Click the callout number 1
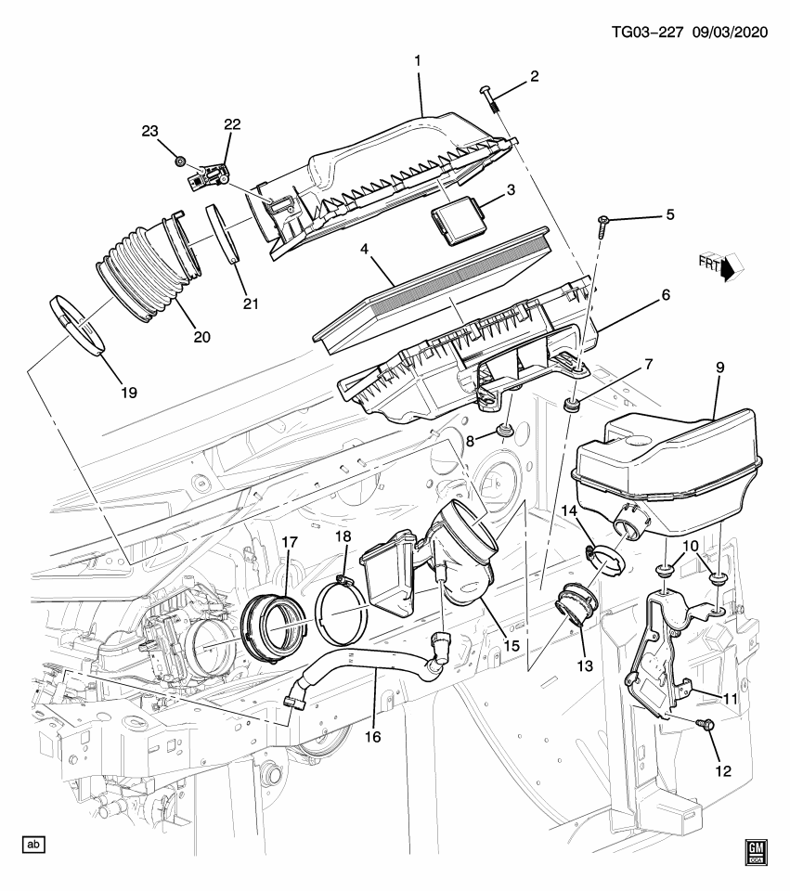click(418, 61)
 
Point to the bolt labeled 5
click(602, 222)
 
